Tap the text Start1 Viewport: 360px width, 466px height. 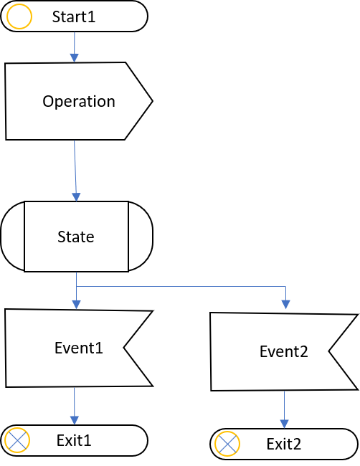(x=74, y=16)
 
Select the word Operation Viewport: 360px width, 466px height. (x=79, y=102)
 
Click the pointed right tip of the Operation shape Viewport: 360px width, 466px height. (x=153, y=101)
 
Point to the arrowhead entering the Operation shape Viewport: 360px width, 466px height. (x=75, y=57)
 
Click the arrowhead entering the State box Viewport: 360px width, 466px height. (x=77, y=196)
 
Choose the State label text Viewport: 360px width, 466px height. (x=76, y=237)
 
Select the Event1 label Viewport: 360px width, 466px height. (x=79, y=348)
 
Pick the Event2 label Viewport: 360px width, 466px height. (x=284, y=351)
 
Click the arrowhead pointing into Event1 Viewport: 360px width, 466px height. (x=77, y=305)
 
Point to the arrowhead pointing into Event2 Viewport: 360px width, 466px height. (x=285, y=304)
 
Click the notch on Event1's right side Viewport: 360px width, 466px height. (x=123, y=347)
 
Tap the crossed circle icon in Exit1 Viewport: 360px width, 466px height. (x=17, y=440)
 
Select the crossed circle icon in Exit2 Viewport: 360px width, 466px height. (x=227, y=444)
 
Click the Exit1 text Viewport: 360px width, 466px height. (x=74, y=440)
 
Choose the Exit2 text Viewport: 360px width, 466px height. (x=284, y=444)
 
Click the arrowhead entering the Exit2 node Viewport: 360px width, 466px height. (x=285, y=424)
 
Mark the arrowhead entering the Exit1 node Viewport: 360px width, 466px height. (x=75, y=420)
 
